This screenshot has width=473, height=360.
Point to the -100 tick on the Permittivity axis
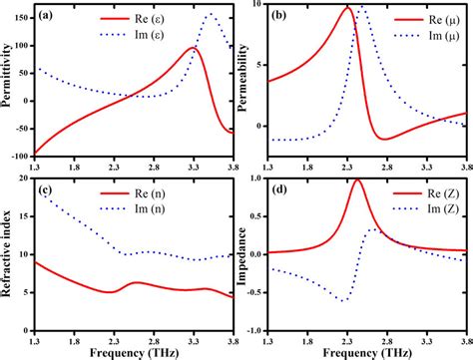(x=19, y=156)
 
